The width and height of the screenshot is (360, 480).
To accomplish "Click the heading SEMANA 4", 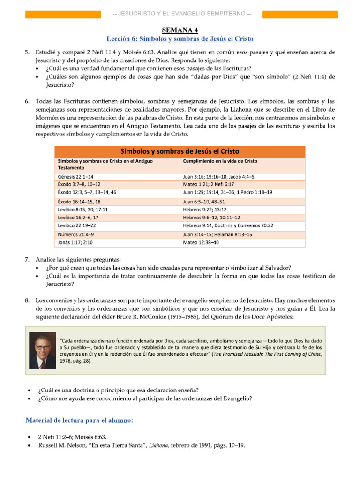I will pyautogui.click(x=180, y=30).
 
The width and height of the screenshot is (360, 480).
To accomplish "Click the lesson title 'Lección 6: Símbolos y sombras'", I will pyautogui.click(x=180, y=38).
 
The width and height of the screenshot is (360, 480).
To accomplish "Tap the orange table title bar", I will pyautogui.click(x=180, y=151).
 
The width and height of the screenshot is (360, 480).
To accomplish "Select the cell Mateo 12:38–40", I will pyautogui.click(x=201, y=242).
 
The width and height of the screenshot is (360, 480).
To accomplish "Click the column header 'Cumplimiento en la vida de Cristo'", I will pyautogui.click(x=220, y=161).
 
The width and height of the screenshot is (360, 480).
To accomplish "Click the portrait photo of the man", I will pyautogui.click(x=42, y=351).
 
